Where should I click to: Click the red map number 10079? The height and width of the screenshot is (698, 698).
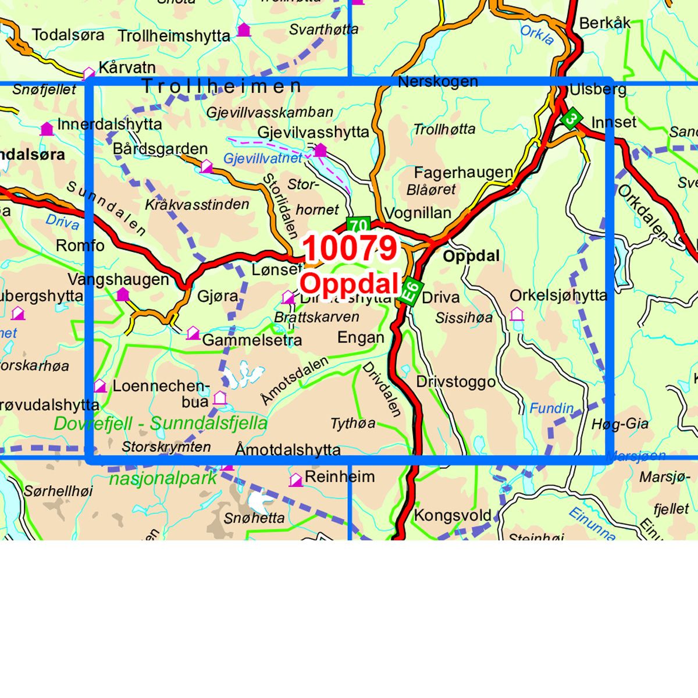click(350, 249)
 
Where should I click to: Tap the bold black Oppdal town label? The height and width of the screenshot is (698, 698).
click(471, 256)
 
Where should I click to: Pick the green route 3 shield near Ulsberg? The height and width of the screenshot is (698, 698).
click(572, 119)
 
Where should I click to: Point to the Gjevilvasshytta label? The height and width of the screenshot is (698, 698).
click(313, 133)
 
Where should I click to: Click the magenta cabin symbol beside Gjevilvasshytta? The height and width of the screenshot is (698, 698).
click(320, 151)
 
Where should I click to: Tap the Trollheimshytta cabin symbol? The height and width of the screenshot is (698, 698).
click(244, 29)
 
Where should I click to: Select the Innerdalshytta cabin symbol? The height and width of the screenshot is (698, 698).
click(47, 129)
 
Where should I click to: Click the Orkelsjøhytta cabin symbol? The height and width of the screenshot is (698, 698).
click(517, 315)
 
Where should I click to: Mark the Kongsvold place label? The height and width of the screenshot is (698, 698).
click(453, 516)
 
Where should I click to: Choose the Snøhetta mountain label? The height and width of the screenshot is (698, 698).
click(254, 518)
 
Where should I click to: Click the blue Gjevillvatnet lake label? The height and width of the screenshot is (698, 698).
click(263, 158)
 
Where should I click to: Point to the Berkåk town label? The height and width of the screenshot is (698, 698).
click(604, 23)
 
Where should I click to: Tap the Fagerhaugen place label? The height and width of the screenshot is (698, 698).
click(463, 173)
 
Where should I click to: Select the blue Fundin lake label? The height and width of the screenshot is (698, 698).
click(551, 408)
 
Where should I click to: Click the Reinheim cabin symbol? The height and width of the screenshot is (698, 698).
click(295, 480)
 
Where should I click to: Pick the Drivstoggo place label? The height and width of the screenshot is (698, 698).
click(455, 382)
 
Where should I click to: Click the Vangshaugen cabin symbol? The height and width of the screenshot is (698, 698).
click(122, 294)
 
